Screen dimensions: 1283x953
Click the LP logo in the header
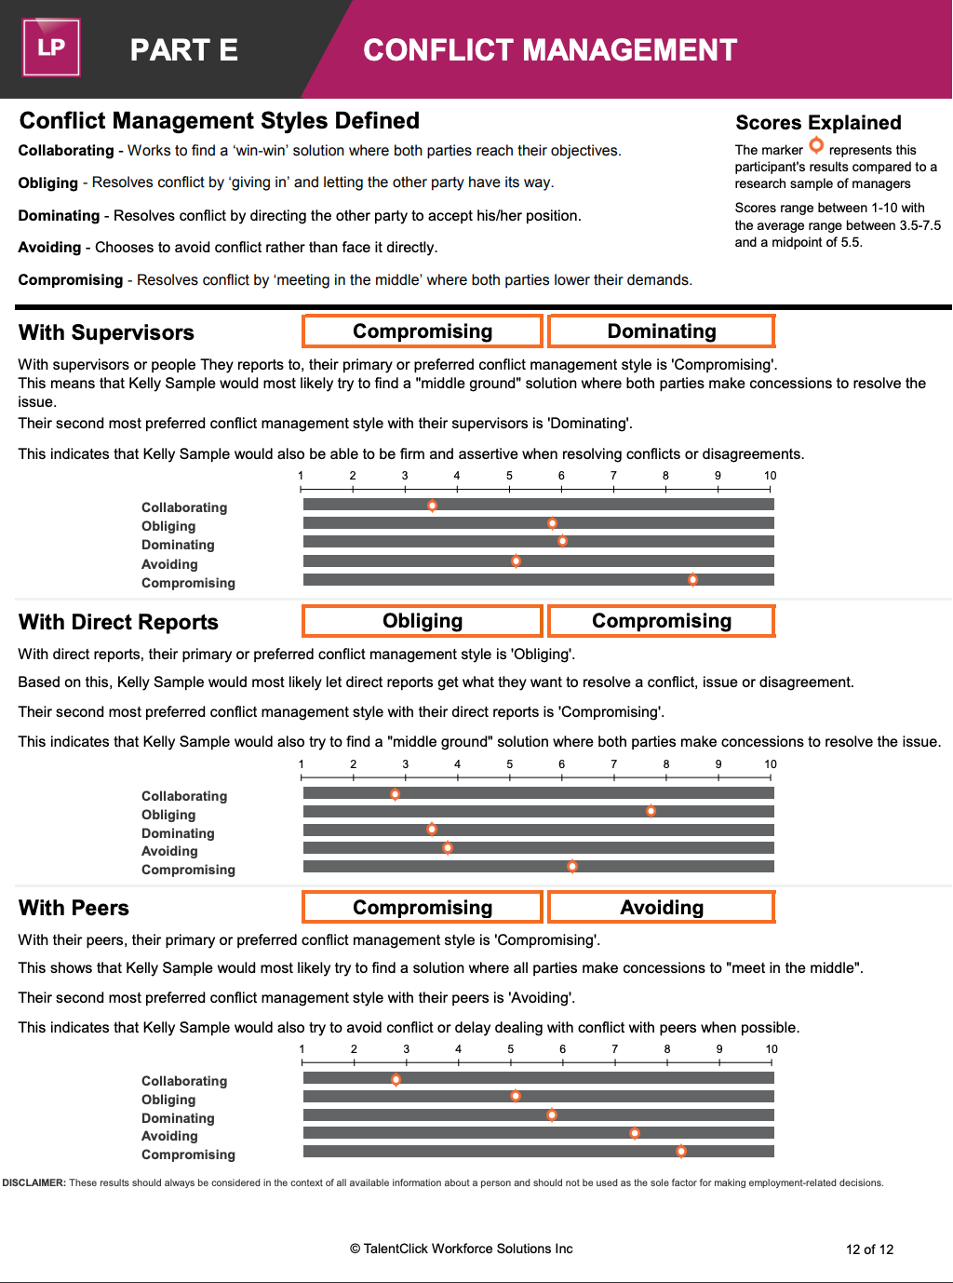tap(51, 47)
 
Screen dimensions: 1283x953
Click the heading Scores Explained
tap(818, 123)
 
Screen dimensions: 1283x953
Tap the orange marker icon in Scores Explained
tap(816, 145)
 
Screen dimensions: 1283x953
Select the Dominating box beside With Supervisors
tap(662, 331)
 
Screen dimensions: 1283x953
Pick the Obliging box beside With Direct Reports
tap(423, 621)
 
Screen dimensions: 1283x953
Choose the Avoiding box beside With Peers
tap(662, 908)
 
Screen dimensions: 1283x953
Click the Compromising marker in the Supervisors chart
tap(692, 579)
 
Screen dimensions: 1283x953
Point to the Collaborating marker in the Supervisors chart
tap(432, 506)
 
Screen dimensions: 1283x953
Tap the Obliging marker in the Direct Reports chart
tap(651, 811)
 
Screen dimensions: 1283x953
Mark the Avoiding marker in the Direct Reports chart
tap(448, 848)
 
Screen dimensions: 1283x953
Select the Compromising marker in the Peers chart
tap(681, 1152)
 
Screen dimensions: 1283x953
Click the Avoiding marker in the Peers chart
tap(635, 1133)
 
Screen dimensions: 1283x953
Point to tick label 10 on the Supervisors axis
tap(771, 476)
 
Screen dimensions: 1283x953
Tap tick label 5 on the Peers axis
tap(511, 1049)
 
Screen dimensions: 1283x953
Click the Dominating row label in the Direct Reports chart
tap(178, 833)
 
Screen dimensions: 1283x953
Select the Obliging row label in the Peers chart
tap(168, 1100)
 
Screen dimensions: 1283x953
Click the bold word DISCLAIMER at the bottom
tap(34, 1183)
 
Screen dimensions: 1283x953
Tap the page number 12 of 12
tap(869, 1249)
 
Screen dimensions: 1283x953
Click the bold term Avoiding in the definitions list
tap(49, 248)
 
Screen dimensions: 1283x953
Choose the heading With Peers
tap(74, 908)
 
